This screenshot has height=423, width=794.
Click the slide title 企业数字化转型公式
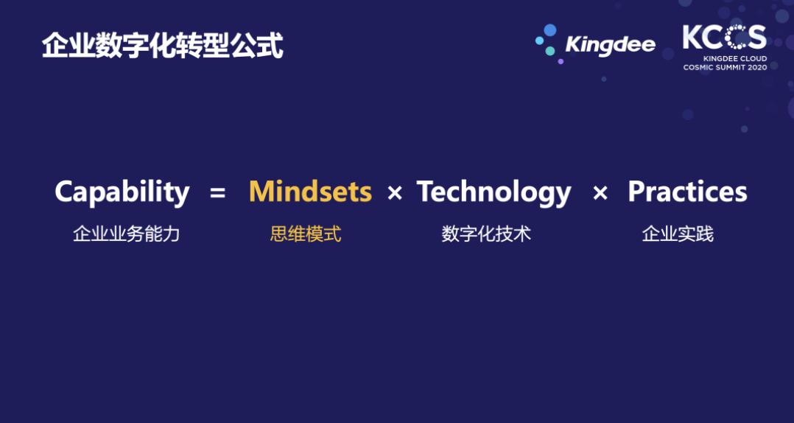[162, 46]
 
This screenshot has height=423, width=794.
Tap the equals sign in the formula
[217, 193]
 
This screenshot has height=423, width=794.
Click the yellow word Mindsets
[310, 192]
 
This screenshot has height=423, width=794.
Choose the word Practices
[687, 192]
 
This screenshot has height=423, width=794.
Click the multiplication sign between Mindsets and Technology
[395, 193]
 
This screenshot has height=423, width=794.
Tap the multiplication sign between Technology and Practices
[600, 193]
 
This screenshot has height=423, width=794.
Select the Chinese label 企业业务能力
[127, 234]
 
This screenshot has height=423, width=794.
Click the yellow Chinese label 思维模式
[306, 234]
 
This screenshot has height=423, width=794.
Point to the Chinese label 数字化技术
[486, 234]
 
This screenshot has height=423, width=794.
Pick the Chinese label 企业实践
[678, 234]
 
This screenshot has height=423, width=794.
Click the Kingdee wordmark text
[610, 45]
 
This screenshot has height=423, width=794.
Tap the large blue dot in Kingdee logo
[550, 30]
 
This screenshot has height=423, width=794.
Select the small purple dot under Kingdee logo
[561, 61]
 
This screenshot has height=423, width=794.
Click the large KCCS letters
[725, 37]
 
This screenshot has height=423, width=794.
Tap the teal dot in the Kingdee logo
[550, 51]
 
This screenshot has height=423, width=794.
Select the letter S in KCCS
[756, 37]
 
